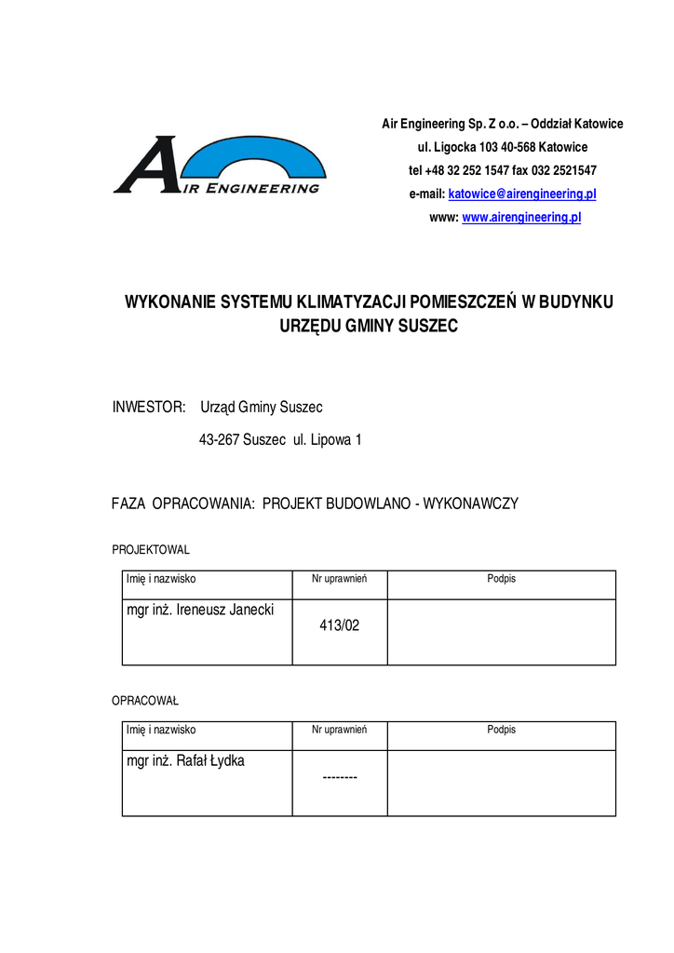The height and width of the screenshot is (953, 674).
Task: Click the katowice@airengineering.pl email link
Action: pyautogui.click(x=522, y=195)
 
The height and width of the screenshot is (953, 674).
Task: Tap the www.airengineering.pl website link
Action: pyautogui.click(x=521, y=218)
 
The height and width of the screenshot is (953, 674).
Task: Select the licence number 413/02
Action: pyautogui.click(x=339, y=626)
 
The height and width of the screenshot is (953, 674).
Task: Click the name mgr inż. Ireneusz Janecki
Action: pyautogui.click(x=206, y=610)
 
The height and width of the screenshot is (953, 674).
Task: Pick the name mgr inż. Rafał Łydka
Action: pyautogui.click(x=185, y=761)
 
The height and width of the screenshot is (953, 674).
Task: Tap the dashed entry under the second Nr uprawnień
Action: pyautogui.click(x=340, y=777)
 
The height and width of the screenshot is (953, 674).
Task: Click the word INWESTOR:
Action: pyautogui.click(x=149, y=408)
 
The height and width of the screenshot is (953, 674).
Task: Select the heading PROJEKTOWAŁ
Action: pyautogui.click(x=151, y=550)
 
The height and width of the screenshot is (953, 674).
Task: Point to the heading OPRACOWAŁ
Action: pyautogui.click(x=145, y=701)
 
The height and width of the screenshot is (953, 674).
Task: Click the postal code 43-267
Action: pyautogui.click(x=219, y=439)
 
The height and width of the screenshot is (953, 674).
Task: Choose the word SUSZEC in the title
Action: pyautogui.click(x=429, y=327)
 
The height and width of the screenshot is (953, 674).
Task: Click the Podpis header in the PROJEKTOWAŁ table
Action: pyautogui.click(x=501, y=579)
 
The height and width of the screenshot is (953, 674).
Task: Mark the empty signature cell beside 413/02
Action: pyautogui.click(x=501, y=632)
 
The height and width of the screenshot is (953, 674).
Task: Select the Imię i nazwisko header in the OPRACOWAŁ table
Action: pyautogui.click(x=161, y=730)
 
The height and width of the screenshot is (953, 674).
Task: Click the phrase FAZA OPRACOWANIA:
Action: pyautogui.click(x=183, y=503)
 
